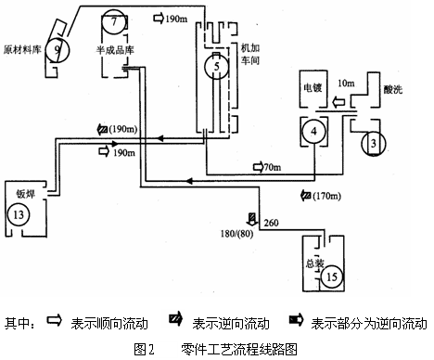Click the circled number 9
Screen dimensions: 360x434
[58, 46]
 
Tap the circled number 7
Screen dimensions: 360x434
[112, 20]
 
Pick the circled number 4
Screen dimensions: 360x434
[314, 133]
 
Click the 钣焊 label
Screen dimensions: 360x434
[25, 194]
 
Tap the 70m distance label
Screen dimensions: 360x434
[271, 167]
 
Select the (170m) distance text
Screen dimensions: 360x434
[326, 197]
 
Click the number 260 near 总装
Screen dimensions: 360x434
[271, 223]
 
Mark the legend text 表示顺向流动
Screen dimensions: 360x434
[104, 324]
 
